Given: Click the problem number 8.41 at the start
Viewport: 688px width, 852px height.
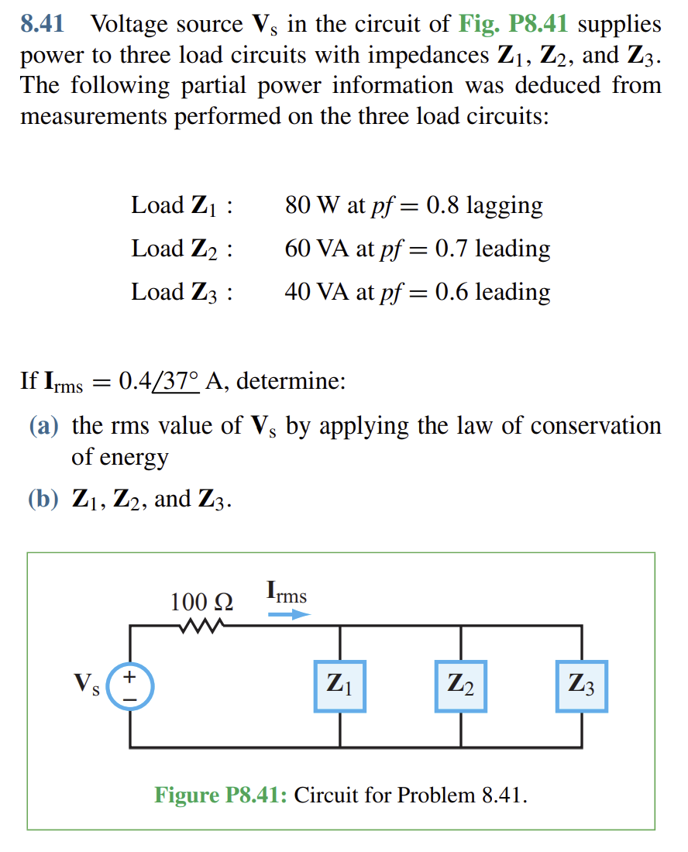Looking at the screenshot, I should point(42,25).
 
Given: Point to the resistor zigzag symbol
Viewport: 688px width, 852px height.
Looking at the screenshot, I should point(201,626).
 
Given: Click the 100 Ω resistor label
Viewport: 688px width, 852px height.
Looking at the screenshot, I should point(201,602).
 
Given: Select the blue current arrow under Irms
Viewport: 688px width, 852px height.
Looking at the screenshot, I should point(289,615).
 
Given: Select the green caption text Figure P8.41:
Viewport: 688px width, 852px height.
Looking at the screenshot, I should point(221,795).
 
